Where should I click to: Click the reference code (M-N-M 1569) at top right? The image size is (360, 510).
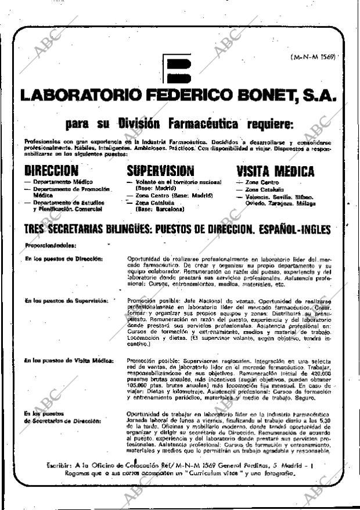[x=313, y=58]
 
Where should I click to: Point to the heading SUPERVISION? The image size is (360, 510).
[x=160, y=171]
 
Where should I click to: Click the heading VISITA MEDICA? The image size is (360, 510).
[x=275, y=171]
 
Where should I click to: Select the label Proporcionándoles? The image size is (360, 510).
[x=49, y=245]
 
